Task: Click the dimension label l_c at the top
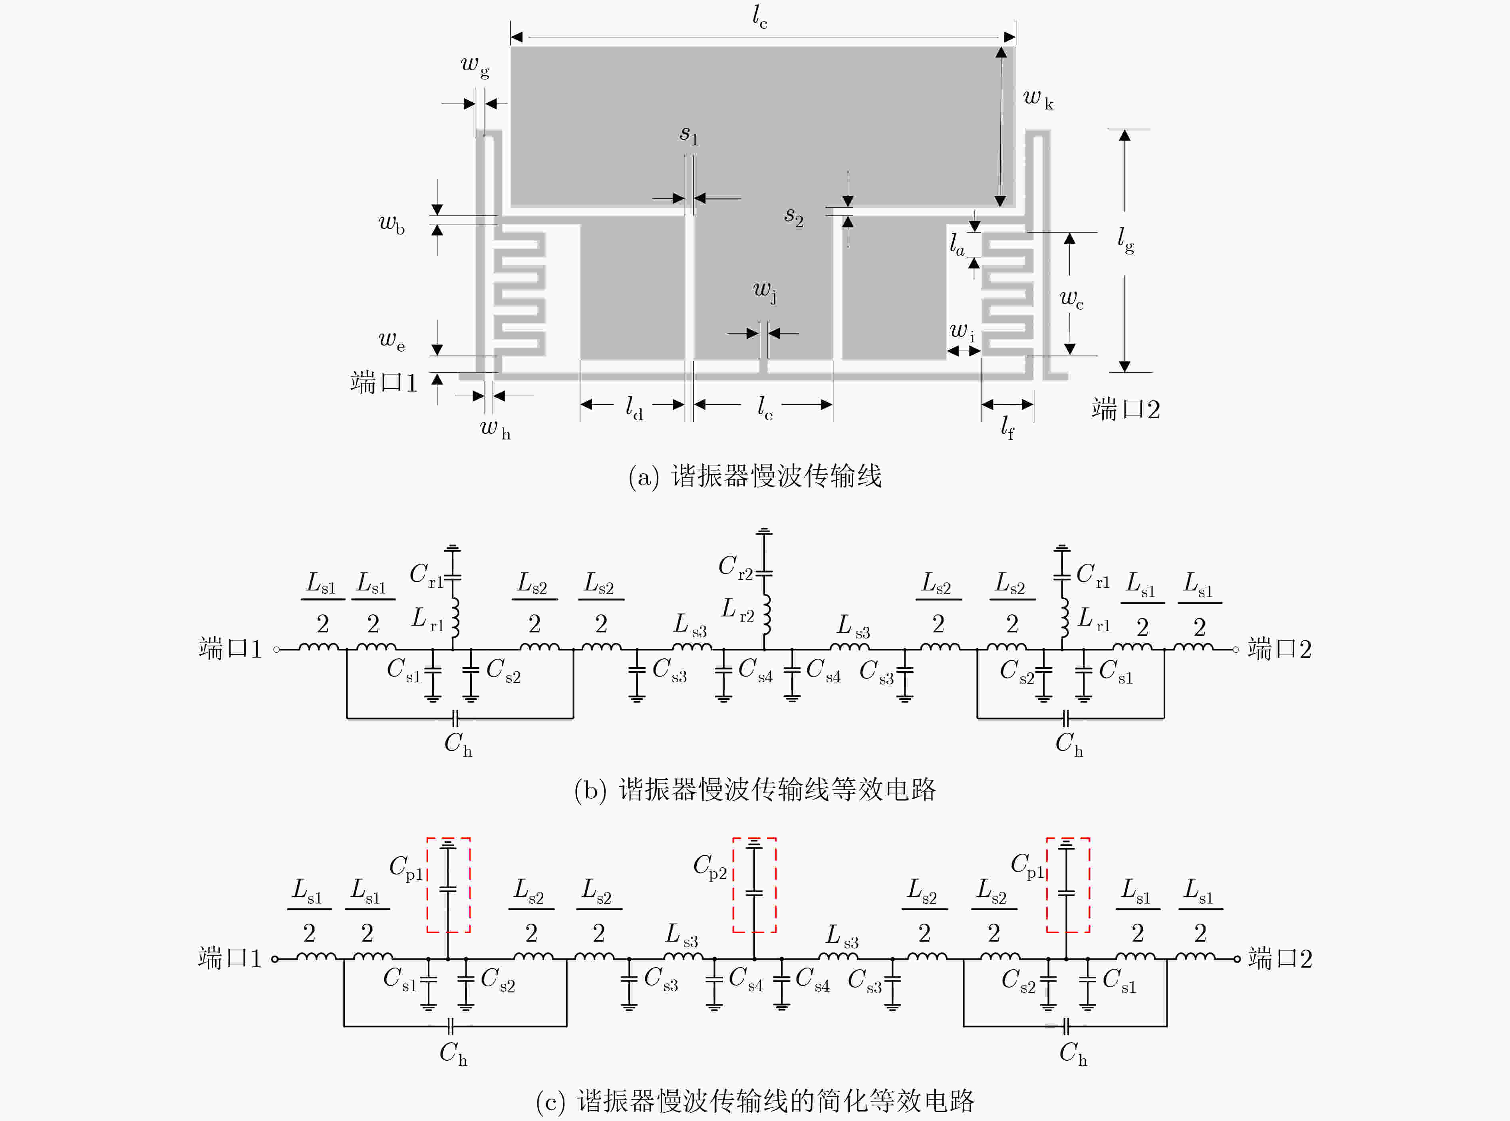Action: point(760,17)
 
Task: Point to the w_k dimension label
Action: point(1038,99)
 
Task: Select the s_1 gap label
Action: point(689,135)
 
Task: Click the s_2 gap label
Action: point(794,217)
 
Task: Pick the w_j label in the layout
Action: point(765,292)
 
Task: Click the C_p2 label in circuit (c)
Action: point(710,867)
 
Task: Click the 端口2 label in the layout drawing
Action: point(1126,409)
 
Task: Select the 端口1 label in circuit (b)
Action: point(230,649)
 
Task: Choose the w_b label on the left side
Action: point(391,224)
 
